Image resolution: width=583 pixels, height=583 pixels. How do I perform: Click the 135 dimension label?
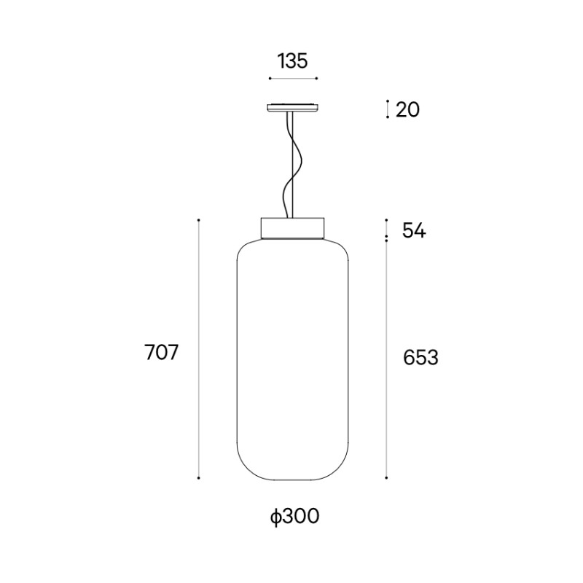click(293, 61)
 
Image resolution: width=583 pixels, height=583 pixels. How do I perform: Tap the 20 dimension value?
click(407, 110)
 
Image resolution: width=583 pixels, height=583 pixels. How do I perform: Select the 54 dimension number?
click(414, 231)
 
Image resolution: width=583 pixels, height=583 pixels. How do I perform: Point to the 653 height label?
click(421, 358)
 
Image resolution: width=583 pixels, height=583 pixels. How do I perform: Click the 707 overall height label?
click(161, 352)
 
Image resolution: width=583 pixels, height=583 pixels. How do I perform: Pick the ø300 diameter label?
click(295, 516)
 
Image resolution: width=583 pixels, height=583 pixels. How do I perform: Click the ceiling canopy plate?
click(293, 107)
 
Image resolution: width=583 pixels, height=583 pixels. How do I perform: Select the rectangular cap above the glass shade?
click(293, 228)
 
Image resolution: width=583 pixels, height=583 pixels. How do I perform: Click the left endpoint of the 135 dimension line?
click(270, 79)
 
